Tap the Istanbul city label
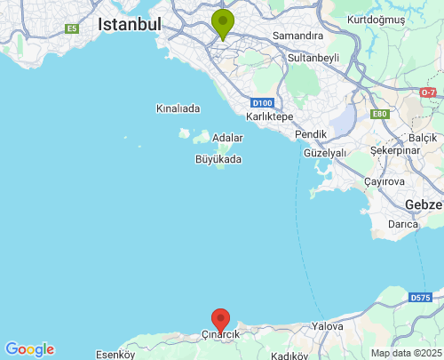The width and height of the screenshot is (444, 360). (130, 24)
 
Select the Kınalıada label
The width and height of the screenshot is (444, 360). (178, 108)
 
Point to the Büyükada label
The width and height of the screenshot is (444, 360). (218, 160)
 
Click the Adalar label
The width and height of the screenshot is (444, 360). (227, 138)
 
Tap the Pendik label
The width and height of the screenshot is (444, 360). (311, 134)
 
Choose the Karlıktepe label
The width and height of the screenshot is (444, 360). (269, 116)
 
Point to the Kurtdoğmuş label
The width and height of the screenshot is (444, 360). (377, 19)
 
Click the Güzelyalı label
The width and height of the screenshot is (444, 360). (324, 153)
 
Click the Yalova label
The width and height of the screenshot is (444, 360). (328, 326)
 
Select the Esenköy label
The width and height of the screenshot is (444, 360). (115, 354)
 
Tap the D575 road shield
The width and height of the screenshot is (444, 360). (420, 297)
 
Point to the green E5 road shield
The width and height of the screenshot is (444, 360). (71, 29)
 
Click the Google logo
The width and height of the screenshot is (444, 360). (29, 349)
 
